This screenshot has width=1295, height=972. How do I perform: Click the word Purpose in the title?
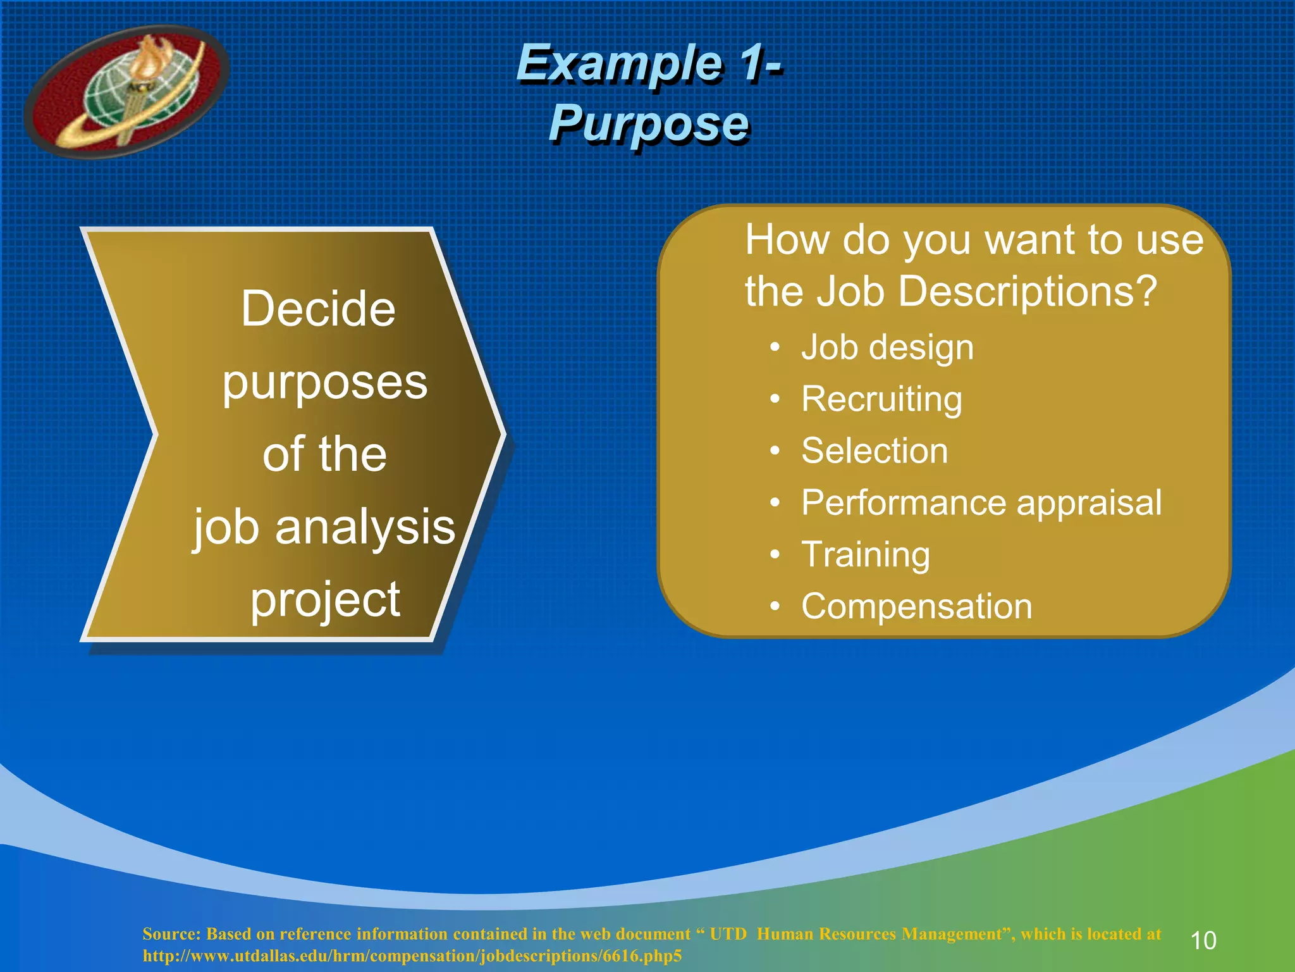pos(649,123)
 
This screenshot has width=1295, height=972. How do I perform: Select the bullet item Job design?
pos(887,347)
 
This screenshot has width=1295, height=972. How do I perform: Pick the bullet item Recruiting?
pos(881,399)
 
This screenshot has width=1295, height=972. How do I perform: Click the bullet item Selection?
pos(874,451)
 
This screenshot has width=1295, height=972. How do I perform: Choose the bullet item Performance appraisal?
pos(981,503)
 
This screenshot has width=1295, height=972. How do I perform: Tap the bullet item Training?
pos(865,555)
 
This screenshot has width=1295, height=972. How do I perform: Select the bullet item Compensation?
pos(916,606)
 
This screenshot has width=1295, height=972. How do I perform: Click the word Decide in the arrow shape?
pos(318,309)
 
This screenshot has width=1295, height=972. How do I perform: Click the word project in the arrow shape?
pos(325,599)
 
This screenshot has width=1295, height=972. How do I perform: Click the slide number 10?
pos(1203,940)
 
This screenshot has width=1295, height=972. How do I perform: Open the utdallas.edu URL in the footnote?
pos(412,956)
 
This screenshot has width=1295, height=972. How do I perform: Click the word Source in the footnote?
pos(170,934)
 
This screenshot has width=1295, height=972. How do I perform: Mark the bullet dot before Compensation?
pos(775,607)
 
